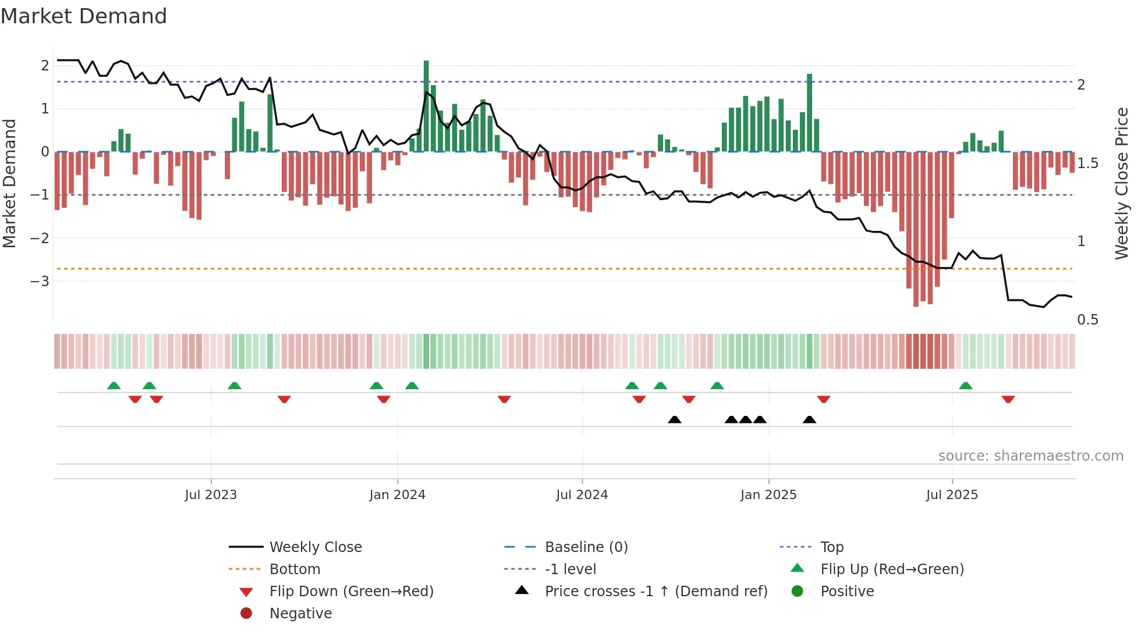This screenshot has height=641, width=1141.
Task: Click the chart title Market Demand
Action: [84, 16]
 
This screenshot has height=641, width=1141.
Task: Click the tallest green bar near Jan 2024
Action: [426, 105]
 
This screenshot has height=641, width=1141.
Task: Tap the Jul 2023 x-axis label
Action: [211, 495]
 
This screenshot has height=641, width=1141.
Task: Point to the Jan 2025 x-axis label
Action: [768, 495]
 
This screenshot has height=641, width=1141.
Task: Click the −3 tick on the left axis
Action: [40, 282]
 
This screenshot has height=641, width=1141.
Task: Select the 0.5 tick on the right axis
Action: [1087, 320]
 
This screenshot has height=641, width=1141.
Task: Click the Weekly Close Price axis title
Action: [1122, 183]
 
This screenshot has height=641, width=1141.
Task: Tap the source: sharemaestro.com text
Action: [1030, 456]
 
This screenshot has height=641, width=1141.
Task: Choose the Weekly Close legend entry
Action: [316, 547]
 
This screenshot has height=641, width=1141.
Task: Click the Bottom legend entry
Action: [295, 569]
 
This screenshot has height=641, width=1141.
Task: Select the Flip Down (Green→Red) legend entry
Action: [351, 592]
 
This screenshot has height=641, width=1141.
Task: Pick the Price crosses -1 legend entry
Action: [655, 592]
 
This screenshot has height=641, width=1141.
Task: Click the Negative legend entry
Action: [300, 614]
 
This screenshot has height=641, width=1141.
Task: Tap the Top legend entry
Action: [832, 547]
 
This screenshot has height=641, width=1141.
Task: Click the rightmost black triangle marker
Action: [809, 420]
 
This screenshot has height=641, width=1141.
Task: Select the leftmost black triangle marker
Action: [674, 420]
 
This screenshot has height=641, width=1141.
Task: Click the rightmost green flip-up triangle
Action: [965, 386]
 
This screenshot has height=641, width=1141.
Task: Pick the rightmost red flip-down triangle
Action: [1008, 399]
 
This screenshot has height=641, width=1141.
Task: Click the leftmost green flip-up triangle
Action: [114, 386]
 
